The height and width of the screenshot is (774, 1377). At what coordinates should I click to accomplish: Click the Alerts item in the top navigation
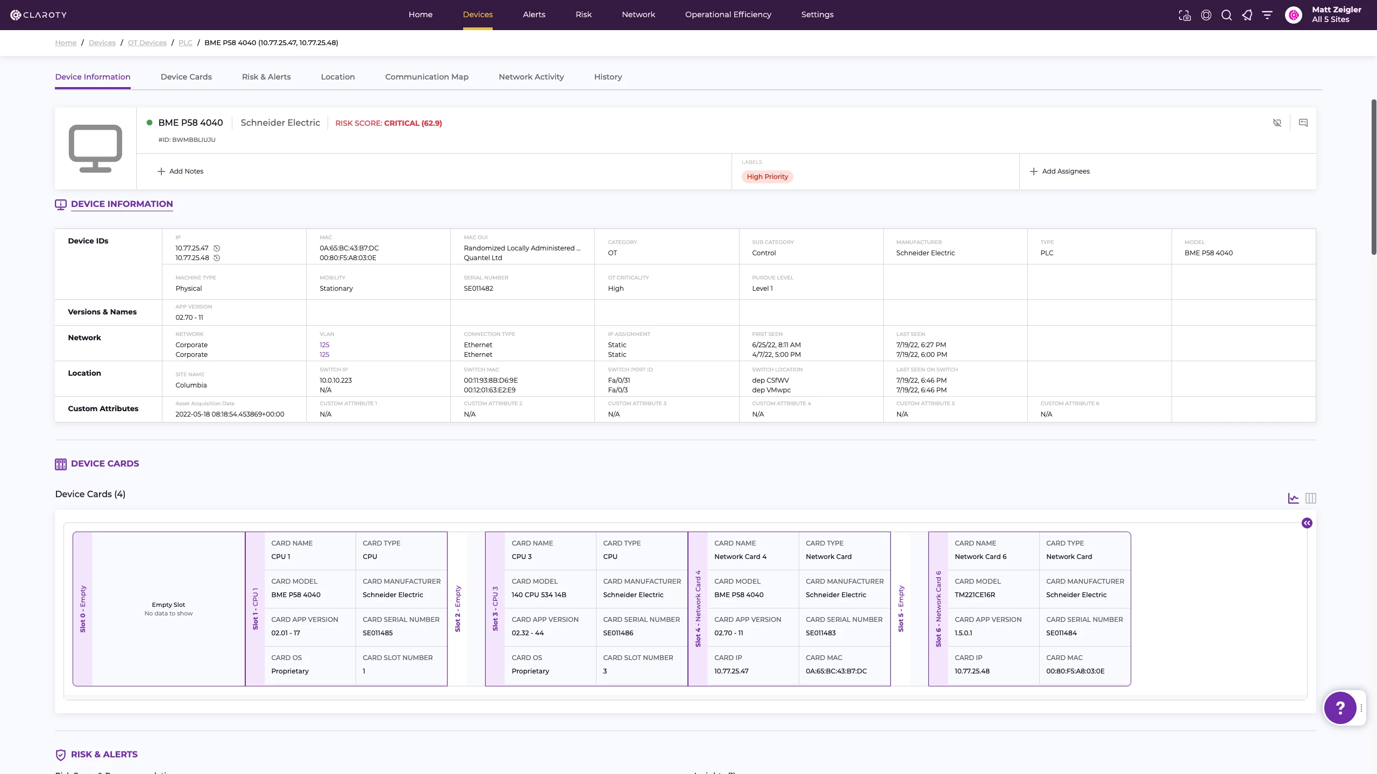coord(534,15)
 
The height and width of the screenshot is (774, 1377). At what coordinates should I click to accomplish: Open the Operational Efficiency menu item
coord(728,15)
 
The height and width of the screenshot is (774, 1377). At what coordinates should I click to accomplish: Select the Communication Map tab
coord(427,77)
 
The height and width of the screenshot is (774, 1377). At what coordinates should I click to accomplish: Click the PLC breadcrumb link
coord(185,43)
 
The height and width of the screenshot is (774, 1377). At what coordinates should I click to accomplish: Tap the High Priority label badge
coord(767,177)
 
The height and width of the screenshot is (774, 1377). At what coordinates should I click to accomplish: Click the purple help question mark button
coord(1340,708)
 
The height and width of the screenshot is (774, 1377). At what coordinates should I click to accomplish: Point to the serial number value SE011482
coord(478,289)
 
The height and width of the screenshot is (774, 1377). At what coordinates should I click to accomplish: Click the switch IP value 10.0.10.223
coord(336,381)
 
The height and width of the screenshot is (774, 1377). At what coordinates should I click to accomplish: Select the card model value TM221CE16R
coord(975,595)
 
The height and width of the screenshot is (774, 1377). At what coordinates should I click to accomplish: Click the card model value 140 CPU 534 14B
coord(538,595)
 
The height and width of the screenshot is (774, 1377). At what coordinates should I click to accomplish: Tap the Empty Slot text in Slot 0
coord(168,605)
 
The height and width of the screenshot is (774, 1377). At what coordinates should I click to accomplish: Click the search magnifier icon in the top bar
coord(1226,15)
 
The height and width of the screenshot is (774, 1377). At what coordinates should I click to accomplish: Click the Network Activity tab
coord(531,77)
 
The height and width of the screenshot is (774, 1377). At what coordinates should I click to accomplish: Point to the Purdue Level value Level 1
coord(762,289)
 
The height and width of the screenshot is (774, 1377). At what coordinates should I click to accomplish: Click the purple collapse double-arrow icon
coord(1307,523)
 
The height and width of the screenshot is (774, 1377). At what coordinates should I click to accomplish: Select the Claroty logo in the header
coord(39,15)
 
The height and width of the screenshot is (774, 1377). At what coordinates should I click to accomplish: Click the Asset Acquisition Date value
coord(230,414)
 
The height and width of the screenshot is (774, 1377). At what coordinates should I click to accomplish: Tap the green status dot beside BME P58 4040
coord(150,123)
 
